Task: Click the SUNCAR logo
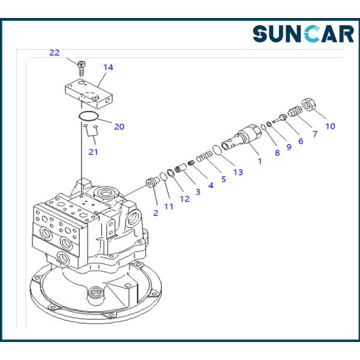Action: coord(303,34)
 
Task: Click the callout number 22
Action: coord(55,53)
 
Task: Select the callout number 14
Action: coord(108,67)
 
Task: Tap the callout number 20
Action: coord(119,127)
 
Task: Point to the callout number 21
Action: coord(93,152)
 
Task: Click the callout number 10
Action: coord(330,126)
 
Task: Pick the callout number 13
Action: coord(238,172)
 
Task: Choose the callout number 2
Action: coord(155,213)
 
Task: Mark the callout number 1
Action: coord(260,161)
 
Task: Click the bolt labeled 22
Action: coord(80,68)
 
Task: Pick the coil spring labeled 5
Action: coord(204,156)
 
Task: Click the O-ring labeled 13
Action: coord(217,150)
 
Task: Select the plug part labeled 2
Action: coord(153,182)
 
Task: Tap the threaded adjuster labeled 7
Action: coord(295,111)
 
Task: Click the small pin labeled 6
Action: coord(280,118)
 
